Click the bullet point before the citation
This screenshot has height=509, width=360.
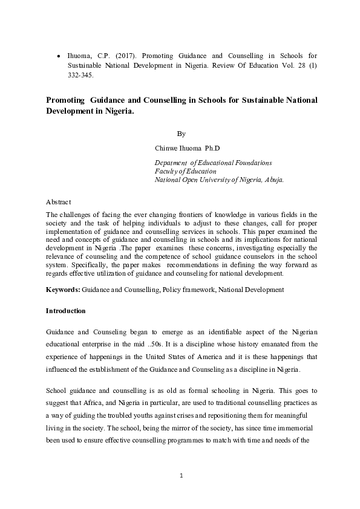pyautogui.click(x=58, y=56)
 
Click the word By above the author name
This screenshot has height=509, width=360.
pyautogui.click(x=181, y=133)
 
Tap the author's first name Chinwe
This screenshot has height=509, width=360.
pyautogui.click(x=168, y=148)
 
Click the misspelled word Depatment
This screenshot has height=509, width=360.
pyautogui.click(x=171, y=163)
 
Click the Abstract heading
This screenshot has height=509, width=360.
pyautogui.click(x=59, y=201)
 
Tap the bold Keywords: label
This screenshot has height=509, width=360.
pyautogui.click(x=63, y=290)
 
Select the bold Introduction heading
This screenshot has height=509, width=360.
pyautogui.click(x=66, y=311)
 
